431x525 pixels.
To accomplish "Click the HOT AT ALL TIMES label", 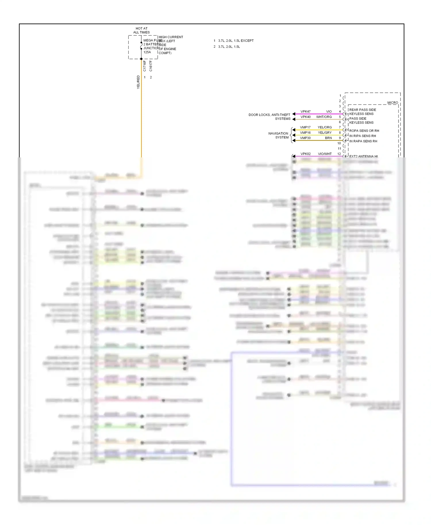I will click(x=141, y=30).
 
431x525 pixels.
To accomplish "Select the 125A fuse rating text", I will click(x=147, y=52).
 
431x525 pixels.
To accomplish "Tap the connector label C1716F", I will click(x=145, y=66).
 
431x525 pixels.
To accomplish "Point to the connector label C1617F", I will click(x=151, y=66).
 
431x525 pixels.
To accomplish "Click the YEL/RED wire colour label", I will click(x=138, y=82).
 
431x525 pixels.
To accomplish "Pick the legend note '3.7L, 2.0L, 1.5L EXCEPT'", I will click(x=236, y=41).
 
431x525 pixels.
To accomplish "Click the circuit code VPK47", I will click(x=305, y=111).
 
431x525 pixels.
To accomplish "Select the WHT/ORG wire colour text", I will click(x=324, y=117).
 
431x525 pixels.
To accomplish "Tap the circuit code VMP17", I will click(x=305, y=127).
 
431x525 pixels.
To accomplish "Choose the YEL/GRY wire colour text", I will click(x=325, y=133).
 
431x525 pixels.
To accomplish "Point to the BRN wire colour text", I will click(x=328, y=138).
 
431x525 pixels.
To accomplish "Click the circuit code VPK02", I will click(x=305, y=154).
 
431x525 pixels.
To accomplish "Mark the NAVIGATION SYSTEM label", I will click(x=278, y=135).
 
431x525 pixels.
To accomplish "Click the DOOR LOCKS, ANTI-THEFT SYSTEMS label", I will click(x=269, y=117).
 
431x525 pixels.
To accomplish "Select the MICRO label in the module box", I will click(x=392, y=103).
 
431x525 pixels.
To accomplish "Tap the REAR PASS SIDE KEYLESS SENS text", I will click(x=362, y=112).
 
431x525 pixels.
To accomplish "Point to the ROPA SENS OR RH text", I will click(x=364, y=131).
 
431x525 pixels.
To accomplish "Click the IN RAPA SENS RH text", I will click(x=363, y=141).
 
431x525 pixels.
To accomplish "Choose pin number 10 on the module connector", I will click(x=339, y=143).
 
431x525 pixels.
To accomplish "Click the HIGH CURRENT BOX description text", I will click(x=171, y=45).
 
